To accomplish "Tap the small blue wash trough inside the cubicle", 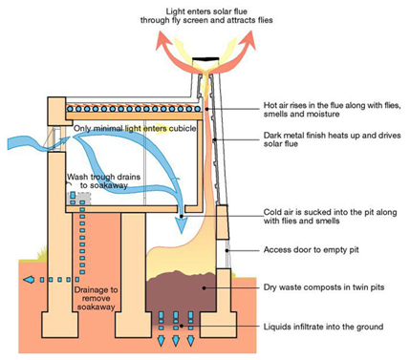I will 72,198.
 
